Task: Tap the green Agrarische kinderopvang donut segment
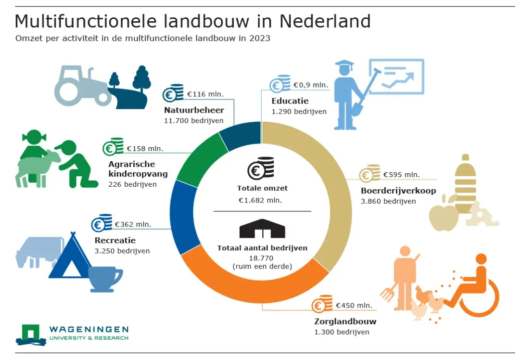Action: [x=200, y=160]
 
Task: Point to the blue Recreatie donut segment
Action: [x=182, y=217]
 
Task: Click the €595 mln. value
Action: [x=402, y=175]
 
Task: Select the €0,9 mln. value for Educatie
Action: [x=311, y=85]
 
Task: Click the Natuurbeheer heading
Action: [x=194, y=110]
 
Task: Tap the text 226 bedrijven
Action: [x=132, y=184]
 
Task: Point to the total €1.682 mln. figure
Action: [x=260, y=200]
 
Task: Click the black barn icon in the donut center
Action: [x=262, y=229]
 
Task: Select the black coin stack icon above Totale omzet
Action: [x=261, y=168]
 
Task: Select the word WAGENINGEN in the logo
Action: [x=89, y=329]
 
